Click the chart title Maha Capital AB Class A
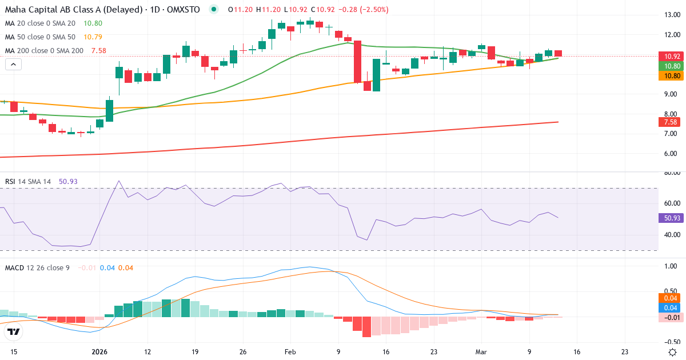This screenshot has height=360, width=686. [x=61, y=10]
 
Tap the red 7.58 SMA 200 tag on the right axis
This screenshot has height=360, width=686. [x=669, y=122]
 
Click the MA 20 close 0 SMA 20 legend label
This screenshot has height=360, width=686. [x=40, y=23]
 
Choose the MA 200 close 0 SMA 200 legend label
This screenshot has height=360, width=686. [x=44, y=51]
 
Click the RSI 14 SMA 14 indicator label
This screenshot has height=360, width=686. [x=28, y=182]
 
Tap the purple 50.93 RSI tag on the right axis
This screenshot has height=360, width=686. [x=669, y=218]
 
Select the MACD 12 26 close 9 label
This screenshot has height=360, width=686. [x=37, y=267]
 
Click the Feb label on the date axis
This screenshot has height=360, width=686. [x=290, y=352]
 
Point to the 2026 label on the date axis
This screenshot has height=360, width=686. [x=99, y=352]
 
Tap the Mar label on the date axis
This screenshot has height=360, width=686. [x=481, y=352]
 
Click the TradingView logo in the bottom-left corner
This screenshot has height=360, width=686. [x=14, y=332]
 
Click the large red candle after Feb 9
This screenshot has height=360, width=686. [x=357, y=62]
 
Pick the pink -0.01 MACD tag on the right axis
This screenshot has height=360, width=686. [x=669, y=318]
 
